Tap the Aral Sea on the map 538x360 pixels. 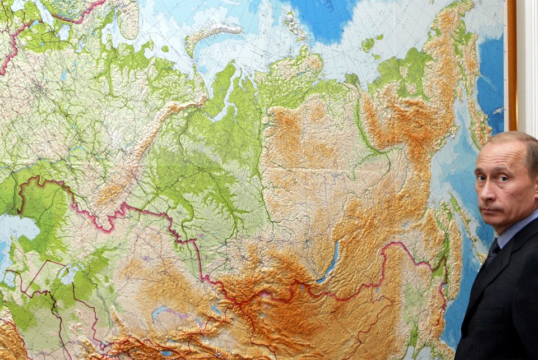[70, 275]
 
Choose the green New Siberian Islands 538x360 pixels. [368, 44]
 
